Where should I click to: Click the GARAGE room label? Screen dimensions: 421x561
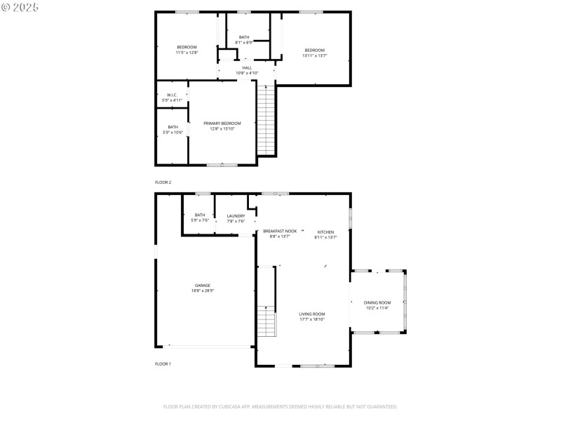(203, 285)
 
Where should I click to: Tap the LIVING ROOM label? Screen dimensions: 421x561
(312, 314)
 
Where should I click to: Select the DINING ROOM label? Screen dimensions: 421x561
(378, 302)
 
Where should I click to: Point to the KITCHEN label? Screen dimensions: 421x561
(325, 232)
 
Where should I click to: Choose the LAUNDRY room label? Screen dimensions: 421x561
(236, 215)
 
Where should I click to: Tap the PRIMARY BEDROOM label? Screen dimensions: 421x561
(222, 123)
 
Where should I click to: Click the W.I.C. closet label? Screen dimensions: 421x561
(172, 95)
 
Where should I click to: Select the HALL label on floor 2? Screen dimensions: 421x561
(247, 67)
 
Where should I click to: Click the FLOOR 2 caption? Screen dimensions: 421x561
(163, 182)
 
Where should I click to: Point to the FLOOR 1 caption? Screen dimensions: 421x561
(163, 363)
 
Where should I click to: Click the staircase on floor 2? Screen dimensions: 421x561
(266, 119)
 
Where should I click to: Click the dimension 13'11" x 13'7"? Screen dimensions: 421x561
(314, 55)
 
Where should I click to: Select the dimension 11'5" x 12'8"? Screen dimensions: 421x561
(187, 52)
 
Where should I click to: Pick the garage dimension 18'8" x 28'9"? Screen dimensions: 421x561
(203, 290)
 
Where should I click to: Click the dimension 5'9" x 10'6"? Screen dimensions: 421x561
(173, 133)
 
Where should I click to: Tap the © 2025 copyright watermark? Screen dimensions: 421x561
(20, 6)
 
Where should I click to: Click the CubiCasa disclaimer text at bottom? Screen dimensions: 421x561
(280, 406)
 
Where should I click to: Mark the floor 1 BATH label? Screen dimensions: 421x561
(200, 215)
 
